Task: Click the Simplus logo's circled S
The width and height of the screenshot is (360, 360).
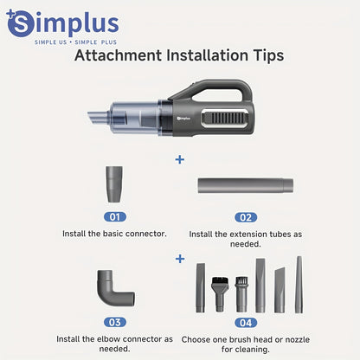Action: (20, 23)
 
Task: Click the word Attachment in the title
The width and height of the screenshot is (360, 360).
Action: (118, 55)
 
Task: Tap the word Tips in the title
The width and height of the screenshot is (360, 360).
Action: (269, 56)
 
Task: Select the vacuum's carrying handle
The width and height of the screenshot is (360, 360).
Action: (215, 90)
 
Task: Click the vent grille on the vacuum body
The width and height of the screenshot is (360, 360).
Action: (226, 118)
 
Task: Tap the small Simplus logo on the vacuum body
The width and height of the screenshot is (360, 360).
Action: (183, 118)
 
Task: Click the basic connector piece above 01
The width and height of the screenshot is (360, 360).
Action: (114, 184)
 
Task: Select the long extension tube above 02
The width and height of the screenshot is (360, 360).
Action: (246, 186)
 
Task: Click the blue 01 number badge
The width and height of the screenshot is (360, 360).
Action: (115, 217)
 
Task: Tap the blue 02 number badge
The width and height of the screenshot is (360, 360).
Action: (246, 217)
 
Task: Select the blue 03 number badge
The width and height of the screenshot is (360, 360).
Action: (115, 322)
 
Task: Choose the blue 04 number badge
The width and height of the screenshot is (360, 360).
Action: (246, 323)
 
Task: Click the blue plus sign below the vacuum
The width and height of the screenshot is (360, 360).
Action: (180, 159)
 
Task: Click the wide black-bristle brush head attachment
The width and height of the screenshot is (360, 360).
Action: (221, 294)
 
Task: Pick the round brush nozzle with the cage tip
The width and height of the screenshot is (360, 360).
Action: (241, 294)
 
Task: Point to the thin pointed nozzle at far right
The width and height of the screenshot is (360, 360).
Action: (299, 285)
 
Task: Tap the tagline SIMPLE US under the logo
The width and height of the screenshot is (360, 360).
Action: (51, 42)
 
